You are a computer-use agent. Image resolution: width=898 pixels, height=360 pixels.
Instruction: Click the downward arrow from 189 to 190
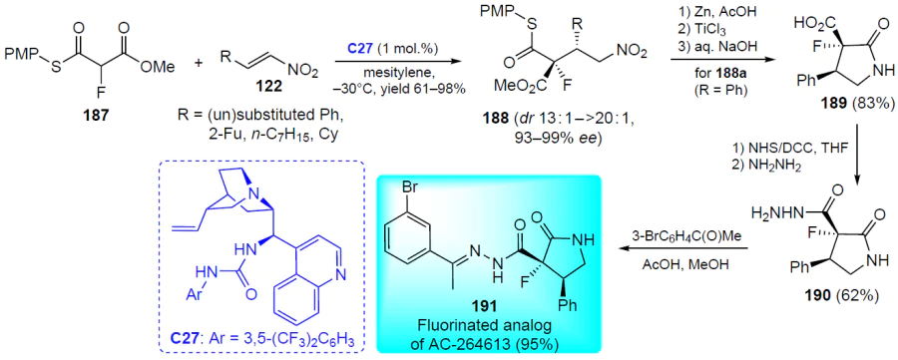857,165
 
